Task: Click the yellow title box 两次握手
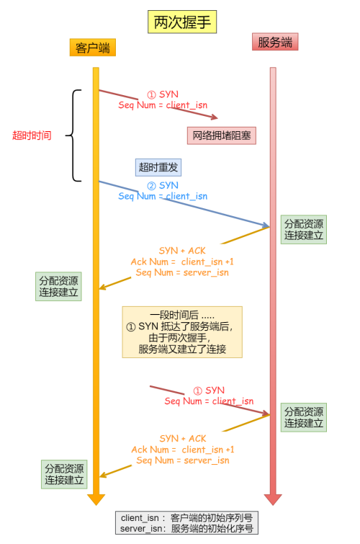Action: (x=182, y=22)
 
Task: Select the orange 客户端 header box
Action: (x=93, y=48)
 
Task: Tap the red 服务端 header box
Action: (x=275, y=42)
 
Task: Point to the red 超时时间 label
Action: (x=32, y=135)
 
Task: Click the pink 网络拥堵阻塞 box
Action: (x=222, y=135)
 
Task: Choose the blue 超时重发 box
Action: (x=158, y=167)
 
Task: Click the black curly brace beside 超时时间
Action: (x=73, y=135)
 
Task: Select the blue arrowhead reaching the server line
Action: (x=266, y=225)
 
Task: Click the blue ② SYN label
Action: (x=163, y=186)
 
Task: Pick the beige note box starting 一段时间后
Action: (x=182, y=332)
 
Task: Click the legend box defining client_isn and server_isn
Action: (x=186, y=523)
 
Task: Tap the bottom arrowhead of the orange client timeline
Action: (x=96, y=499)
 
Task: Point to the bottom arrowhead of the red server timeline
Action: (x=273, y=499)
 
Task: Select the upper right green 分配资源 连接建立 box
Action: (x=304, y=229)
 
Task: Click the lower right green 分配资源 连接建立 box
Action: (x=304, y=417)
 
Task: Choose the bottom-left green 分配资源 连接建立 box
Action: (x=64, y=474)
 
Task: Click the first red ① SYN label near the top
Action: (x=163, y=94)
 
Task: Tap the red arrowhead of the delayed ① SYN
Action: (x=266, y=413)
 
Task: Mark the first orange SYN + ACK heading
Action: (x=182, y=251)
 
